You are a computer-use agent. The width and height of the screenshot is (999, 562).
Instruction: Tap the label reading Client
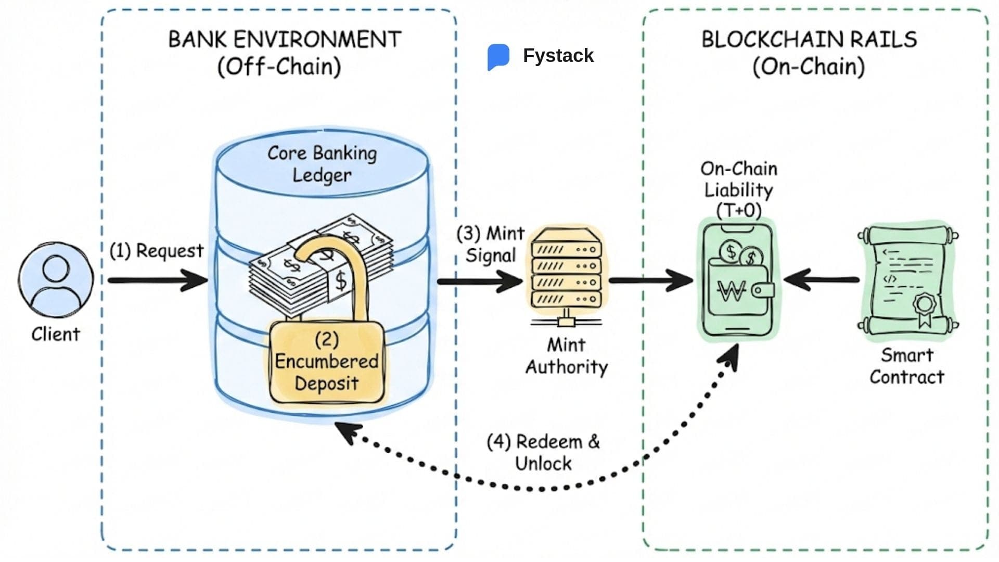55,334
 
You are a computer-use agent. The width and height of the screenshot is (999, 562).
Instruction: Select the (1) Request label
156,251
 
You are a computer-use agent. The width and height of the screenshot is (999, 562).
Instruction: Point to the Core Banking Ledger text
322,164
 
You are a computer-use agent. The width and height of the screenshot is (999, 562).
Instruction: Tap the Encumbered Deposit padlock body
327,362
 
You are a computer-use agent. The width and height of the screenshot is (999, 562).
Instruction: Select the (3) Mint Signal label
490,244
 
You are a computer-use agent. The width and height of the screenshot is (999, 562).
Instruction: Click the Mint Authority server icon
566,276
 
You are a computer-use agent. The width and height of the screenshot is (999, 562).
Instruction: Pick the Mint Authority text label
566,356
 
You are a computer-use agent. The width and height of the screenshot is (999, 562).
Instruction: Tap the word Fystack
558,56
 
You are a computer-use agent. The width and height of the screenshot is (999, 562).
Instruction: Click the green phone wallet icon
737,280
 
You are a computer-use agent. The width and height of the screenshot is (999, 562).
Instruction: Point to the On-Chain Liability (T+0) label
738,189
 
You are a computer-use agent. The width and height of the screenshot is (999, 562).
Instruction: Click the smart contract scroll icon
908,282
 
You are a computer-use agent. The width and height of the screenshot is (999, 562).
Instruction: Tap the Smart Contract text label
906,366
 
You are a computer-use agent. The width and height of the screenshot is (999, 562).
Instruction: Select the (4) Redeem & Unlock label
543,452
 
